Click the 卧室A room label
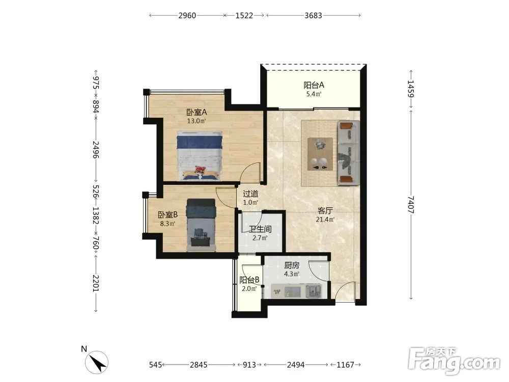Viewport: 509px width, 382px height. [x=196, y=113]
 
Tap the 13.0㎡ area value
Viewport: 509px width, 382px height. [x=196, y=121]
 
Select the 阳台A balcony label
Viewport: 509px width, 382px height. [x=314, y=85]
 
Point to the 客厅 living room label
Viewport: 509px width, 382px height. [x=325, y=211]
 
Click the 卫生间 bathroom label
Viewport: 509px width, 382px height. [x=260, y=229]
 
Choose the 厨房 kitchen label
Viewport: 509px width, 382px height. [x=292, y=265]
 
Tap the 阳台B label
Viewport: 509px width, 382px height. [x=249, y=280]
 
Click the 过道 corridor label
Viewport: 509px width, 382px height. [x=250, y=194]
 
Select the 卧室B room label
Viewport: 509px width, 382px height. [x=167, y=215]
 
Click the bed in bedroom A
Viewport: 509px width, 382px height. [x=200, y=155]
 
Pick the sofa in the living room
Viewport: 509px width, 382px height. [x=348, y=153]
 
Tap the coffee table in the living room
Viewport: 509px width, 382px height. [x=320, y=154]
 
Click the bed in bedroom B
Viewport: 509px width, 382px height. [x=201, y=225]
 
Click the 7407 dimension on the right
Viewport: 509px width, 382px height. [x=411, y=205]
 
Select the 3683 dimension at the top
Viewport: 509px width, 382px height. [x=313, y=16]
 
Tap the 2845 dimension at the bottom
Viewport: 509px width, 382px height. [x=199, y=365]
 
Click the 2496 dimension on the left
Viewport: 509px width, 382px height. [x=96, y=149]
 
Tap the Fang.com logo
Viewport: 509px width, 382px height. [x=454, y=361]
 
